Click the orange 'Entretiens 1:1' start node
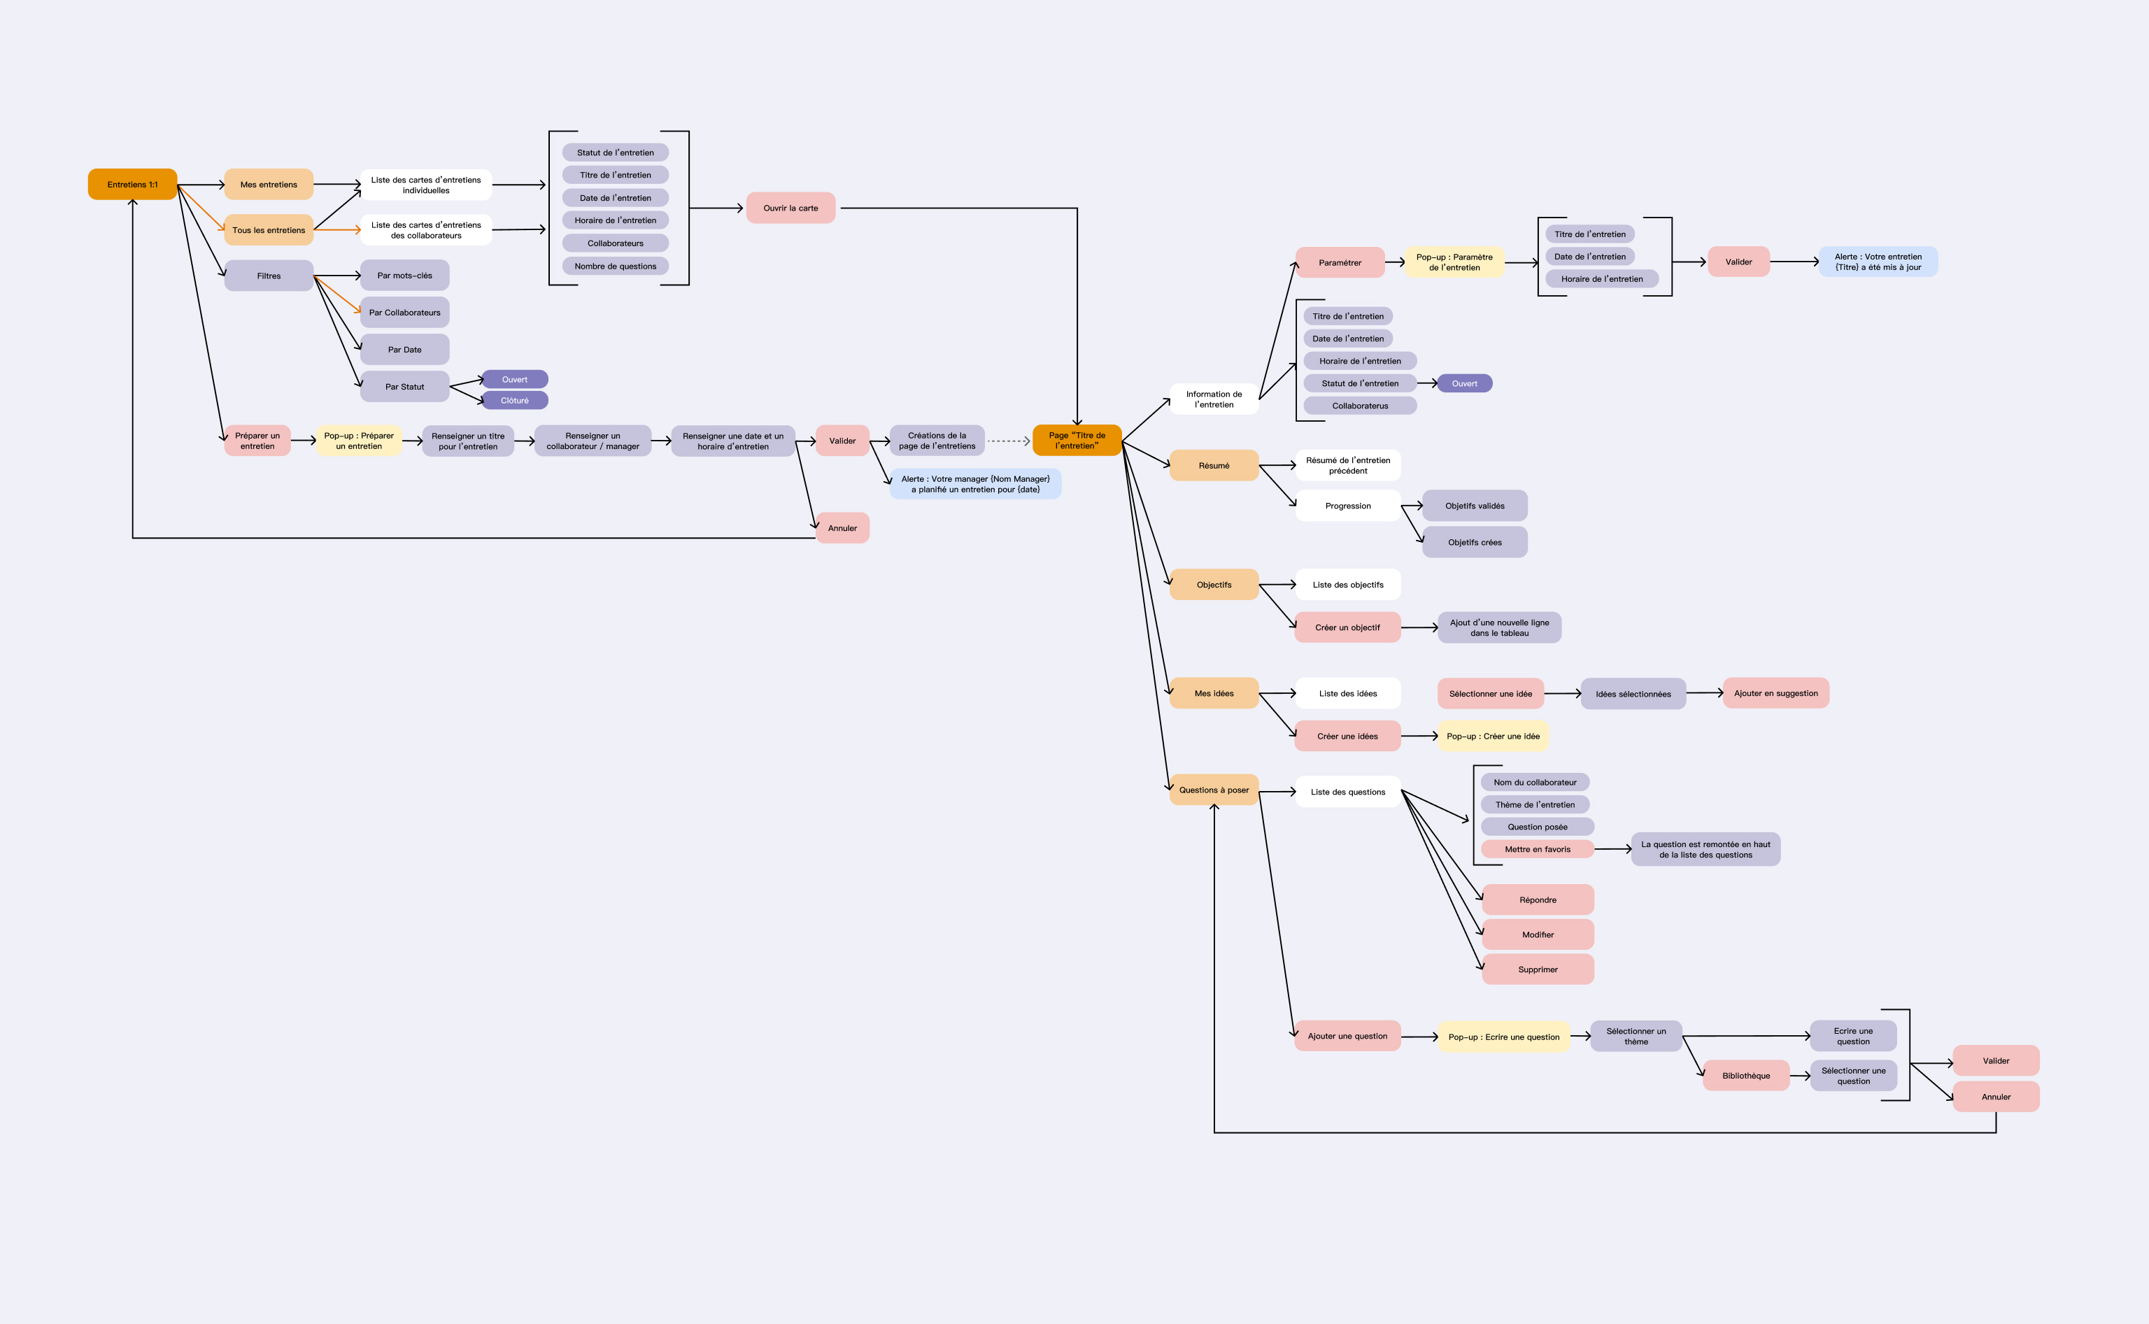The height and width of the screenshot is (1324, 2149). tap(132, 185)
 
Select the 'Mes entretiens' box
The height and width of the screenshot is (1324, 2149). tap(268, 185)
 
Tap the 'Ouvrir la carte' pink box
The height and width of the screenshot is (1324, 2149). tap(790, 208)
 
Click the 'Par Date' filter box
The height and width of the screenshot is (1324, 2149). tap(404, 350)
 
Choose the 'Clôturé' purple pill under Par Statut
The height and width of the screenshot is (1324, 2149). tap(514, 400)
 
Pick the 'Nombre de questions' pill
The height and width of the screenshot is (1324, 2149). tap(615, 266)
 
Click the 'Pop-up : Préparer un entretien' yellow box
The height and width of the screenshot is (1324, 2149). tap(358, 441)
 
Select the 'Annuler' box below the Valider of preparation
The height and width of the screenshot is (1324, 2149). tap(842, 528)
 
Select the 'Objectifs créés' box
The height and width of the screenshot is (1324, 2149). tap(1474, 542)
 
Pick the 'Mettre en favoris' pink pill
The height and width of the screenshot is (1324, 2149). tap(1537, 849)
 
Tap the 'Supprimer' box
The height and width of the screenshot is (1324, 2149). tap(1537, 969)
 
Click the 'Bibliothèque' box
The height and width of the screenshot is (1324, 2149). tap(1745, 1075)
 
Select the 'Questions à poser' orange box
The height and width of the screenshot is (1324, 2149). tap(1213, 790)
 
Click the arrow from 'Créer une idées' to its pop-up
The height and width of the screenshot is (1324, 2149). tap(1419, 736)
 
